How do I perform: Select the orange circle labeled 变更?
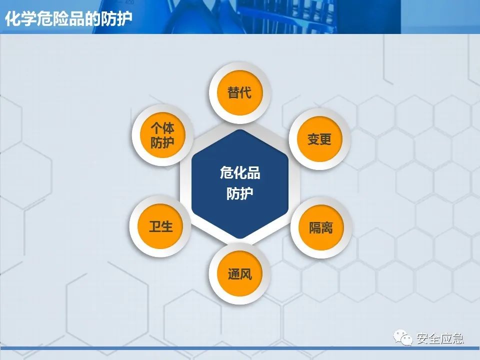pos(319,139)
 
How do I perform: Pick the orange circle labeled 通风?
pos(239,274)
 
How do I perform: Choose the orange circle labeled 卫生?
pos(160,226)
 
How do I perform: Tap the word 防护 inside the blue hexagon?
pos(240,193)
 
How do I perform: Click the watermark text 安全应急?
pos(440,338)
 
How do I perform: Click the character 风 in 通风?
pos(246,274)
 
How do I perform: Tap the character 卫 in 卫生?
pos(154,226)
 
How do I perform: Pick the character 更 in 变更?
pos(325,139)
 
